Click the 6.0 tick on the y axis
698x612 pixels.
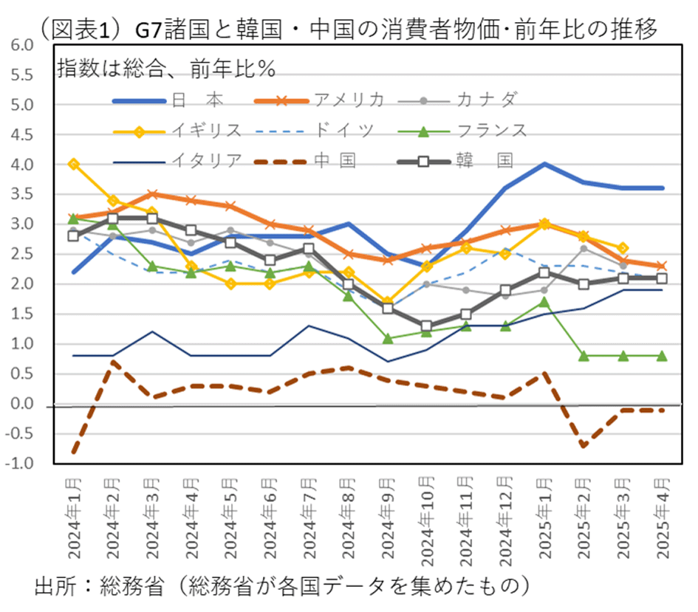pyautogui.click(x=22, y=45)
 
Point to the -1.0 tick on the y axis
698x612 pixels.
pyautogui.click(x=21, y=464)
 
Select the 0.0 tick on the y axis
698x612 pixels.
pyautogui.click(x=22, y=405)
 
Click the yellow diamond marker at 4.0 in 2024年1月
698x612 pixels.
pyautogui.click(x=74, y=164)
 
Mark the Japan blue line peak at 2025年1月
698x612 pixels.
pyautogui.click(x=544, y=164)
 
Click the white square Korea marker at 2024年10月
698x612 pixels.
pyautogui.click(x=426, y=326)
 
